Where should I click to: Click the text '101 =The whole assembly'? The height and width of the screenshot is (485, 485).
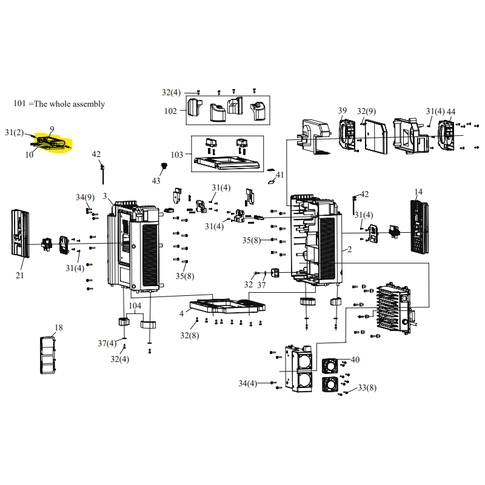59,104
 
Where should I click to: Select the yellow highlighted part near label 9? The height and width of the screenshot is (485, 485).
50,142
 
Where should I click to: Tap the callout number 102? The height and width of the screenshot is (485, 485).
170,111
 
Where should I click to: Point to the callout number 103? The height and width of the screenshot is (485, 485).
176,155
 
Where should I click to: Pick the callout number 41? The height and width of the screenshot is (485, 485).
279,175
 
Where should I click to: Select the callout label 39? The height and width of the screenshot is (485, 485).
343,110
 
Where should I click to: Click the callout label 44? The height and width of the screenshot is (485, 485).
451,112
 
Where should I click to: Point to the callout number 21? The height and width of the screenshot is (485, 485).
20,275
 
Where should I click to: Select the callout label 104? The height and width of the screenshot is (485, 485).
135,306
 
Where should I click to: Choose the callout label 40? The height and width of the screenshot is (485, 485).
355,360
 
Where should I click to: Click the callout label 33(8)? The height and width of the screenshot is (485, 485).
367,387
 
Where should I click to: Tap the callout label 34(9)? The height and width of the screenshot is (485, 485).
85,197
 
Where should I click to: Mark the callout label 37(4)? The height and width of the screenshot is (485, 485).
107,343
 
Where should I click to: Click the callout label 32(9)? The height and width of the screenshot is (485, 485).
366,111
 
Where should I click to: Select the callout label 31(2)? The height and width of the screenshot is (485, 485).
14,132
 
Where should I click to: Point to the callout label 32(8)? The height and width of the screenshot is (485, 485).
189,335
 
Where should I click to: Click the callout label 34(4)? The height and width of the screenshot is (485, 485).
247,383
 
